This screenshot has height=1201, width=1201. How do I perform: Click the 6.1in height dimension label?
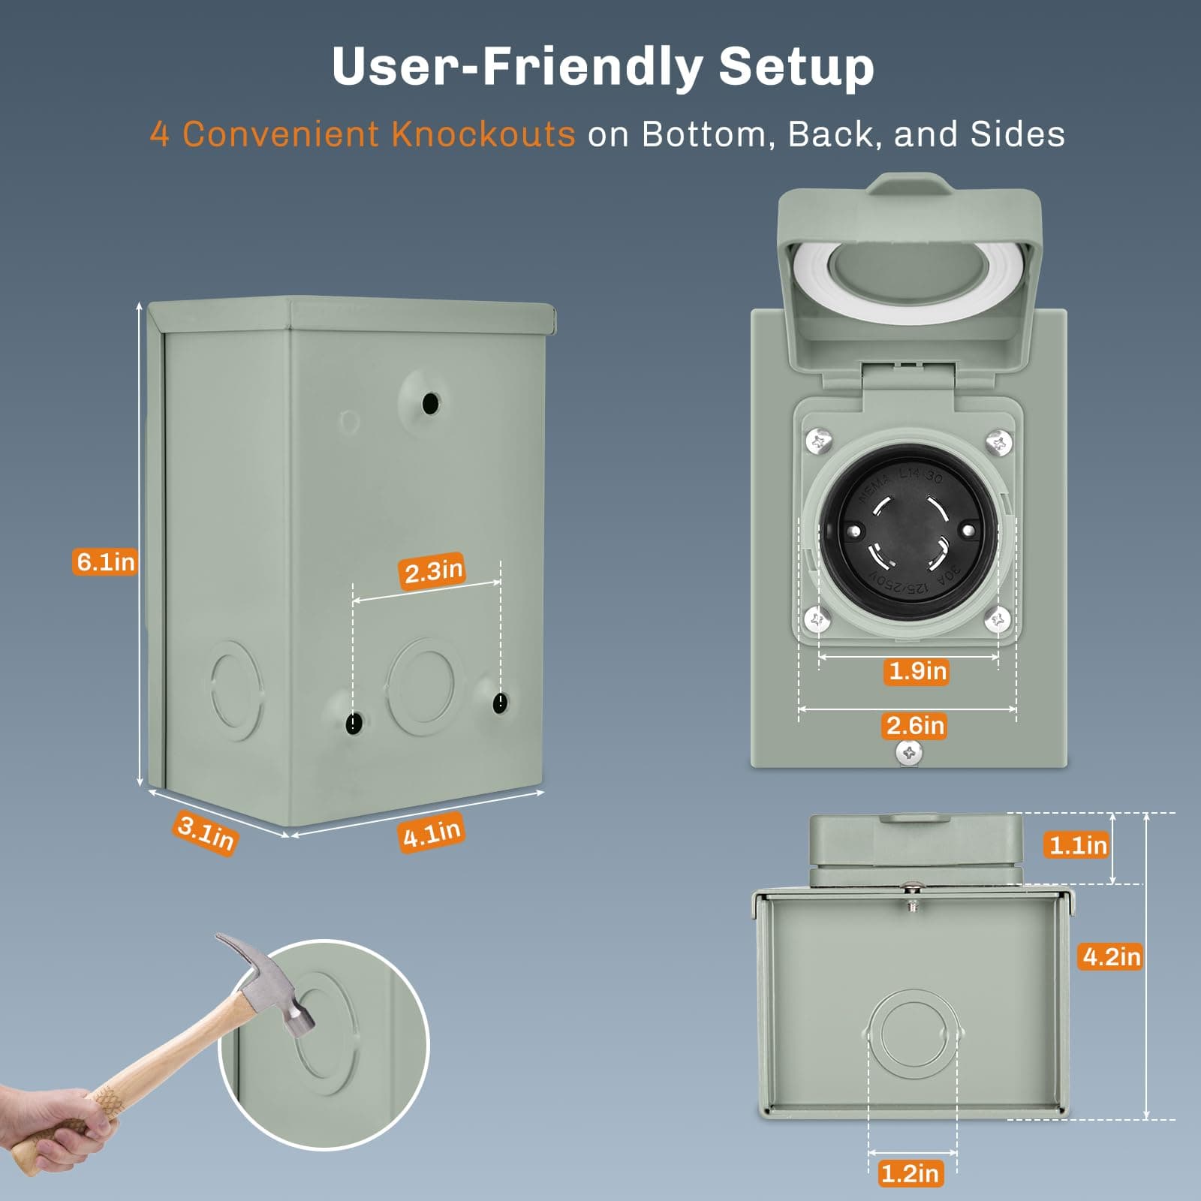(x=106, y=561)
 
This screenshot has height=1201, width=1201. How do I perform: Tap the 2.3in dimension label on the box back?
(x=432, y=572)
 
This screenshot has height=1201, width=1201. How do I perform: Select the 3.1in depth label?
(x=206, y=833)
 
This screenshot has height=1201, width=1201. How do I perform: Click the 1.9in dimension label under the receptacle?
(x=917, y=670)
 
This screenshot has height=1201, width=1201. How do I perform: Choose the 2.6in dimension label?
(x=915, y=726)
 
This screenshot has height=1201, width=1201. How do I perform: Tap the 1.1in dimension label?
(x=1078, y=845)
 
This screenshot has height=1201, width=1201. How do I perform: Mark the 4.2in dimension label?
(x=1111, y=956)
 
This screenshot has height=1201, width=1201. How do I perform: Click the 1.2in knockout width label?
(x=909, y=1173)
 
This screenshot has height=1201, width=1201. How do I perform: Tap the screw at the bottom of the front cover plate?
(x=909, y=751)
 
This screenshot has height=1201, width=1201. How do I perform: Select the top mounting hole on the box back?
(x=431, y=403)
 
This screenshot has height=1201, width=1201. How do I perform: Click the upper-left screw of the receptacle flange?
(x=819, y=441)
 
